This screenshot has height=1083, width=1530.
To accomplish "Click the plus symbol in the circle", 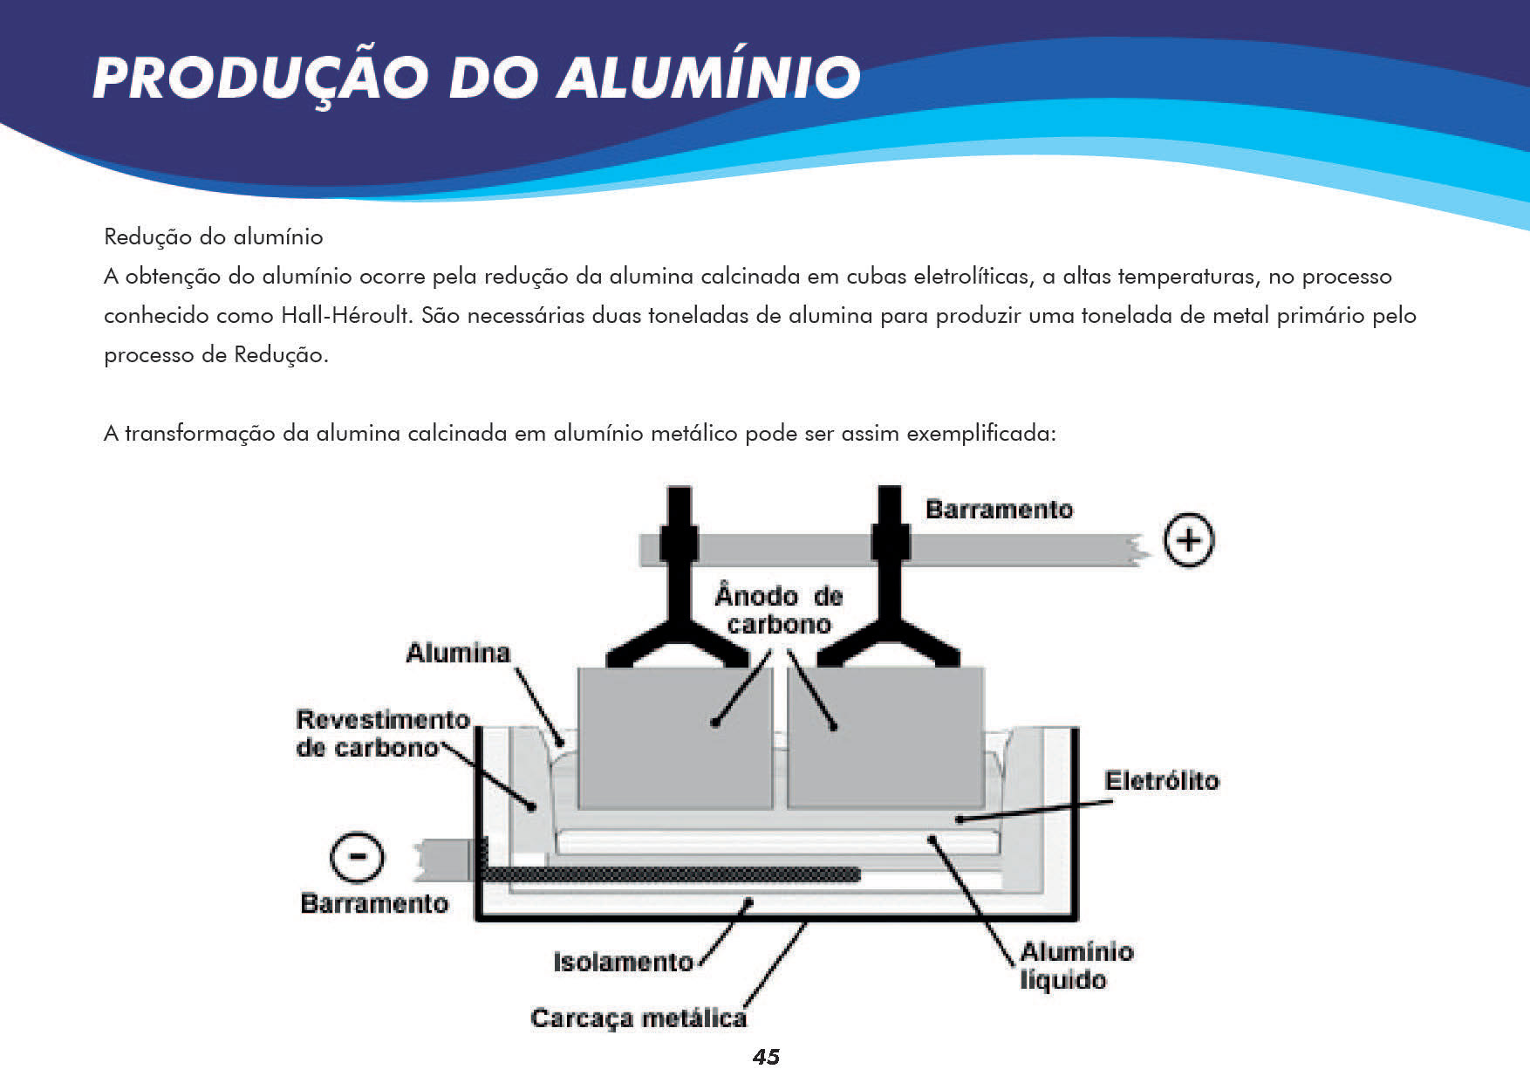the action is coord(1189,540).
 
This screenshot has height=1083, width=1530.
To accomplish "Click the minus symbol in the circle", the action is coord(357,857).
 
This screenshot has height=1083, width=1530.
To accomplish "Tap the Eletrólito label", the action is coord(1161,780).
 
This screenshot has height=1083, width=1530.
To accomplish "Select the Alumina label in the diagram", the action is coord(458,653).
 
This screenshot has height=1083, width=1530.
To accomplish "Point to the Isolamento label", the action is coord(623,962).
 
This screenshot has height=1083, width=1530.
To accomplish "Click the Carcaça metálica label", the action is coord(638,1018).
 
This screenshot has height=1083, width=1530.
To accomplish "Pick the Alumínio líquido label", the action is coord(1076,965).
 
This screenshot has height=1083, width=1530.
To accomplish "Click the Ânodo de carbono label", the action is coord(779,610).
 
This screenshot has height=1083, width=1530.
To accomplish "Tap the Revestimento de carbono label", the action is coord(381,733).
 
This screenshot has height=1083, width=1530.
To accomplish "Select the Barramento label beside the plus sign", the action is coord(999,510).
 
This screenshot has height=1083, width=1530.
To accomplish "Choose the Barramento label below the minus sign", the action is coord(373,903).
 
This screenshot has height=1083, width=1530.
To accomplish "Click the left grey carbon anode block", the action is coord(674,737).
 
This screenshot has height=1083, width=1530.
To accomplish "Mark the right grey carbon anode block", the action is coord(885,737).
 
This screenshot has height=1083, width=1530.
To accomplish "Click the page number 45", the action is coord(766,1057).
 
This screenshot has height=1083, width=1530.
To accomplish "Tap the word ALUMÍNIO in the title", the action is coord(709,77).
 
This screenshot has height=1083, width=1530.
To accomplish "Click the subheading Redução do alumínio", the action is coord(213,236).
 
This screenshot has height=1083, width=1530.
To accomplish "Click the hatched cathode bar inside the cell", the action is coord(672,874).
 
